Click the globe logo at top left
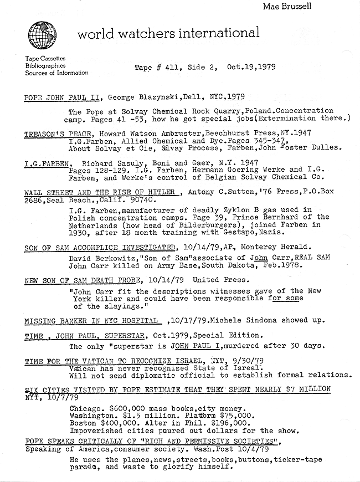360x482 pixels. [x=42, y=35]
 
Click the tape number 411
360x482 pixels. [x=178, y=68]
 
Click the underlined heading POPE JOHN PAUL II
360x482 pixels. [x=62, y=98]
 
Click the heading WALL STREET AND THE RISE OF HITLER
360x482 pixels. [x=102, y=192]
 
